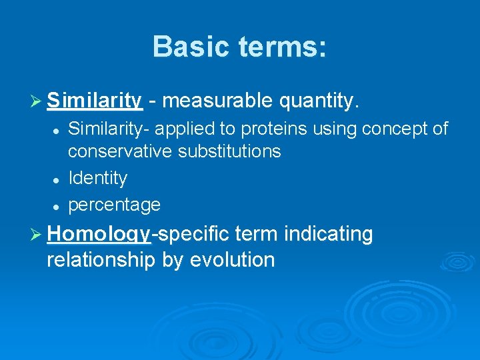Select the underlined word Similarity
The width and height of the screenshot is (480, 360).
94,101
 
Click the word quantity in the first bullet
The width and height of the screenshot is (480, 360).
319,101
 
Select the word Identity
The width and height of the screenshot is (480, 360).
97,178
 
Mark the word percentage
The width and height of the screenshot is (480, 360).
114,205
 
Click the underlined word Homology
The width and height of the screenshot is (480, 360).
99,235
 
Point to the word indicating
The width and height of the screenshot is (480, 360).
328,234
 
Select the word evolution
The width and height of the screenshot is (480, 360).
232,259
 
